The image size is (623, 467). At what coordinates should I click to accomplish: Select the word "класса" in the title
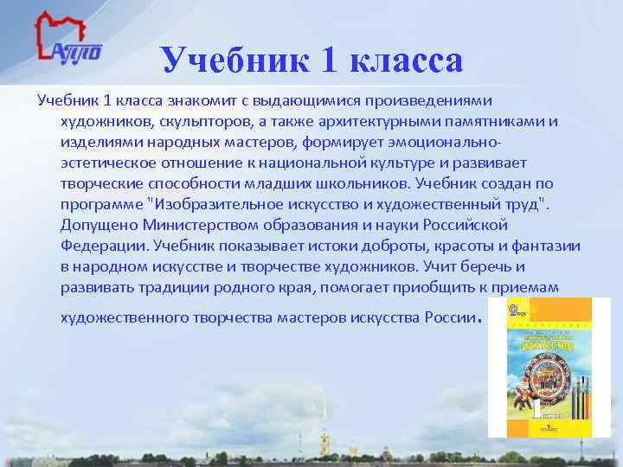[x=405, y=61]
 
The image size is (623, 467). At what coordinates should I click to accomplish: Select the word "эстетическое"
[x=108, y=163]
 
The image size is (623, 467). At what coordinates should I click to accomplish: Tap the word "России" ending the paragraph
[x=449, y=317]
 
